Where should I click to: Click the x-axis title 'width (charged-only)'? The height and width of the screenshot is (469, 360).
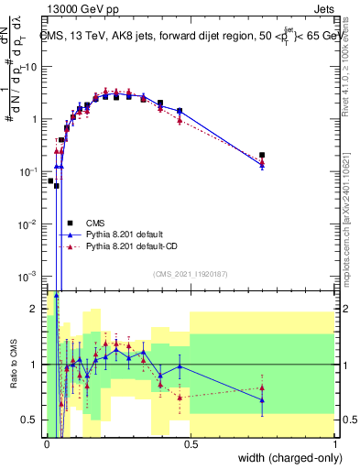coord(285,459)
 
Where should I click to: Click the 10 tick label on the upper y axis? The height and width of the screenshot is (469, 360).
coord(30,67)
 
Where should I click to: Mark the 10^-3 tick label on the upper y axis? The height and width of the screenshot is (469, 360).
coord(28,277)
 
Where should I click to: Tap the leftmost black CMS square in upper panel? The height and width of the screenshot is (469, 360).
coord(50,180)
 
